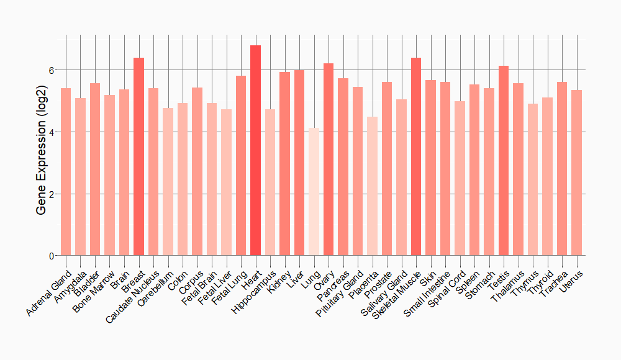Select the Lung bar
click(x=314, y=192)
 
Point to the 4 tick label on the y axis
click(x=52, y=132)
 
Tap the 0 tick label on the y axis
click(x=52, y=256)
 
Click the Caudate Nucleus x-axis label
click(x=132, y=295)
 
